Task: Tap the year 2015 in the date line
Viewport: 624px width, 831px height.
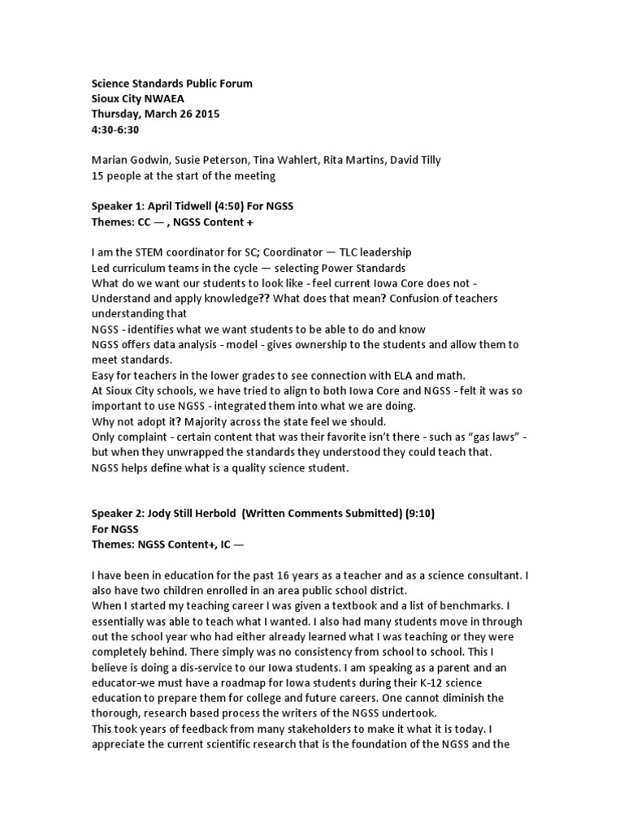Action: coord(206,114)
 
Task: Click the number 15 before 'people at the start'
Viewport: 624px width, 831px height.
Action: coord(97,176)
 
